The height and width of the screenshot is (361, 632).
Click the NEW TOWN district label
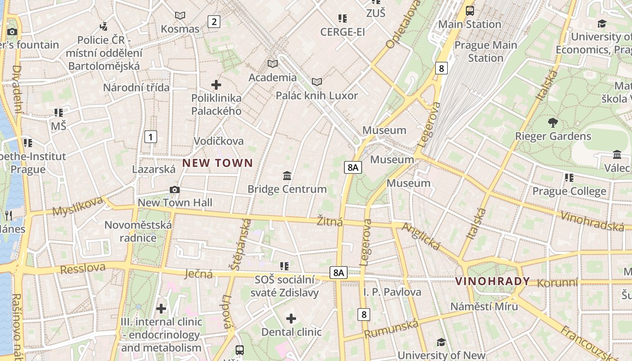coord(218,163)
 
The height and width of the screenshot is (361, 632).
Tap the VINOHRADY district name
coord(493,282)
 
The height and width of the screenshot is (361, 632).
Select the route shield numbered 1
coord(151,137)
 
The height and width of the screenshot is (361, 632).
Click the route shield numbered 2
coord(214,21)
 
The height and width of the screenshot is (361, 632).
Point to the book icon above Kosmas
coord(180,16)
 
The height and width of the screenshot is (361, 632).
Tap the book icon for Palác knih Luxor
coord(317,82)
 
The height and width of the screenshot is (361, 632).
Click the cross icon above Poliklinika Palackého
coord(216,84)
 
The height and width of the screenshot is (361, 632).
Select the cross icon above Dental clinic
coord(291,319)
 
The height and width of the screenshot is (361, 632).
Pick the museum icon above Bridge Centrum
coord(287,176)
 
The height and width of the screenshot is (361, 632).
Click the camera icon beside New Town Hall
coord(175,190)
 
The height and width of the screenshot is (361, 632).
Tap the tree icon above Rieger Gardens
coord(553,122)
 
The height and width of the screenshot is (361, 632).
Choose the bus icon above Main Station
coord(470,10)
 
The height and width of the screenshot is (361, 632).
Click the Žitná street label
coord(330,222)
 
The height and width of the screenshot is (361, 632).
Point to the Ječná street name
coord(199,273)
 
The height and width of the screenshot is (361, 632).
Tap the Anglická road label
coord(421,236)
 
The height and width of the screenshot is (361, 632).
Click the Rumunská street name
coord(391,329)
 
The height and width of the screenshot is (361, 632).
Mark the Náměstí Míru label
coord(484,306)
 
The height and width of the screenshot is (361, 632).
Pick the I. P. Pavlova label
coord(392,292)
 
